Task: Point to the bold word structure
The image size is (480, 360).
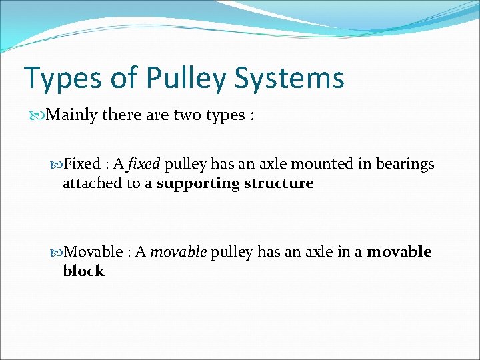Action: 279,183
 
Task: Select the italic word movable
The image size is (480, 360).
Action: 179,252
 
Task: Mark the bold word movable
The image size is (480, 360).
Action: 399,252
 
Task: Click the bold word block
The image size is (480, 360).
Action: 83,271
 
